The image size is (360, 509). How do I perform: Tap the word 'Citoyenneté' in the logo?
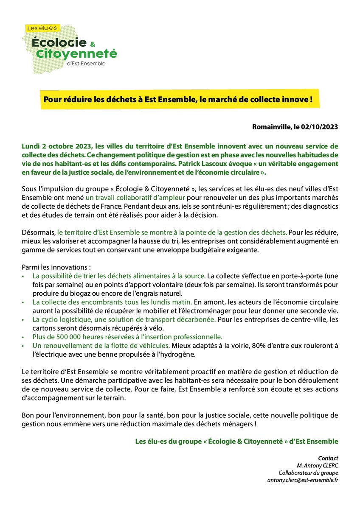82,54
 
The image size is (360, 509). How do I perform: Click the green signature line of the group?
236,442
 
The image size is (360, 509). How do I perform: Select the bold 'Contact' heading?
328,458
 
